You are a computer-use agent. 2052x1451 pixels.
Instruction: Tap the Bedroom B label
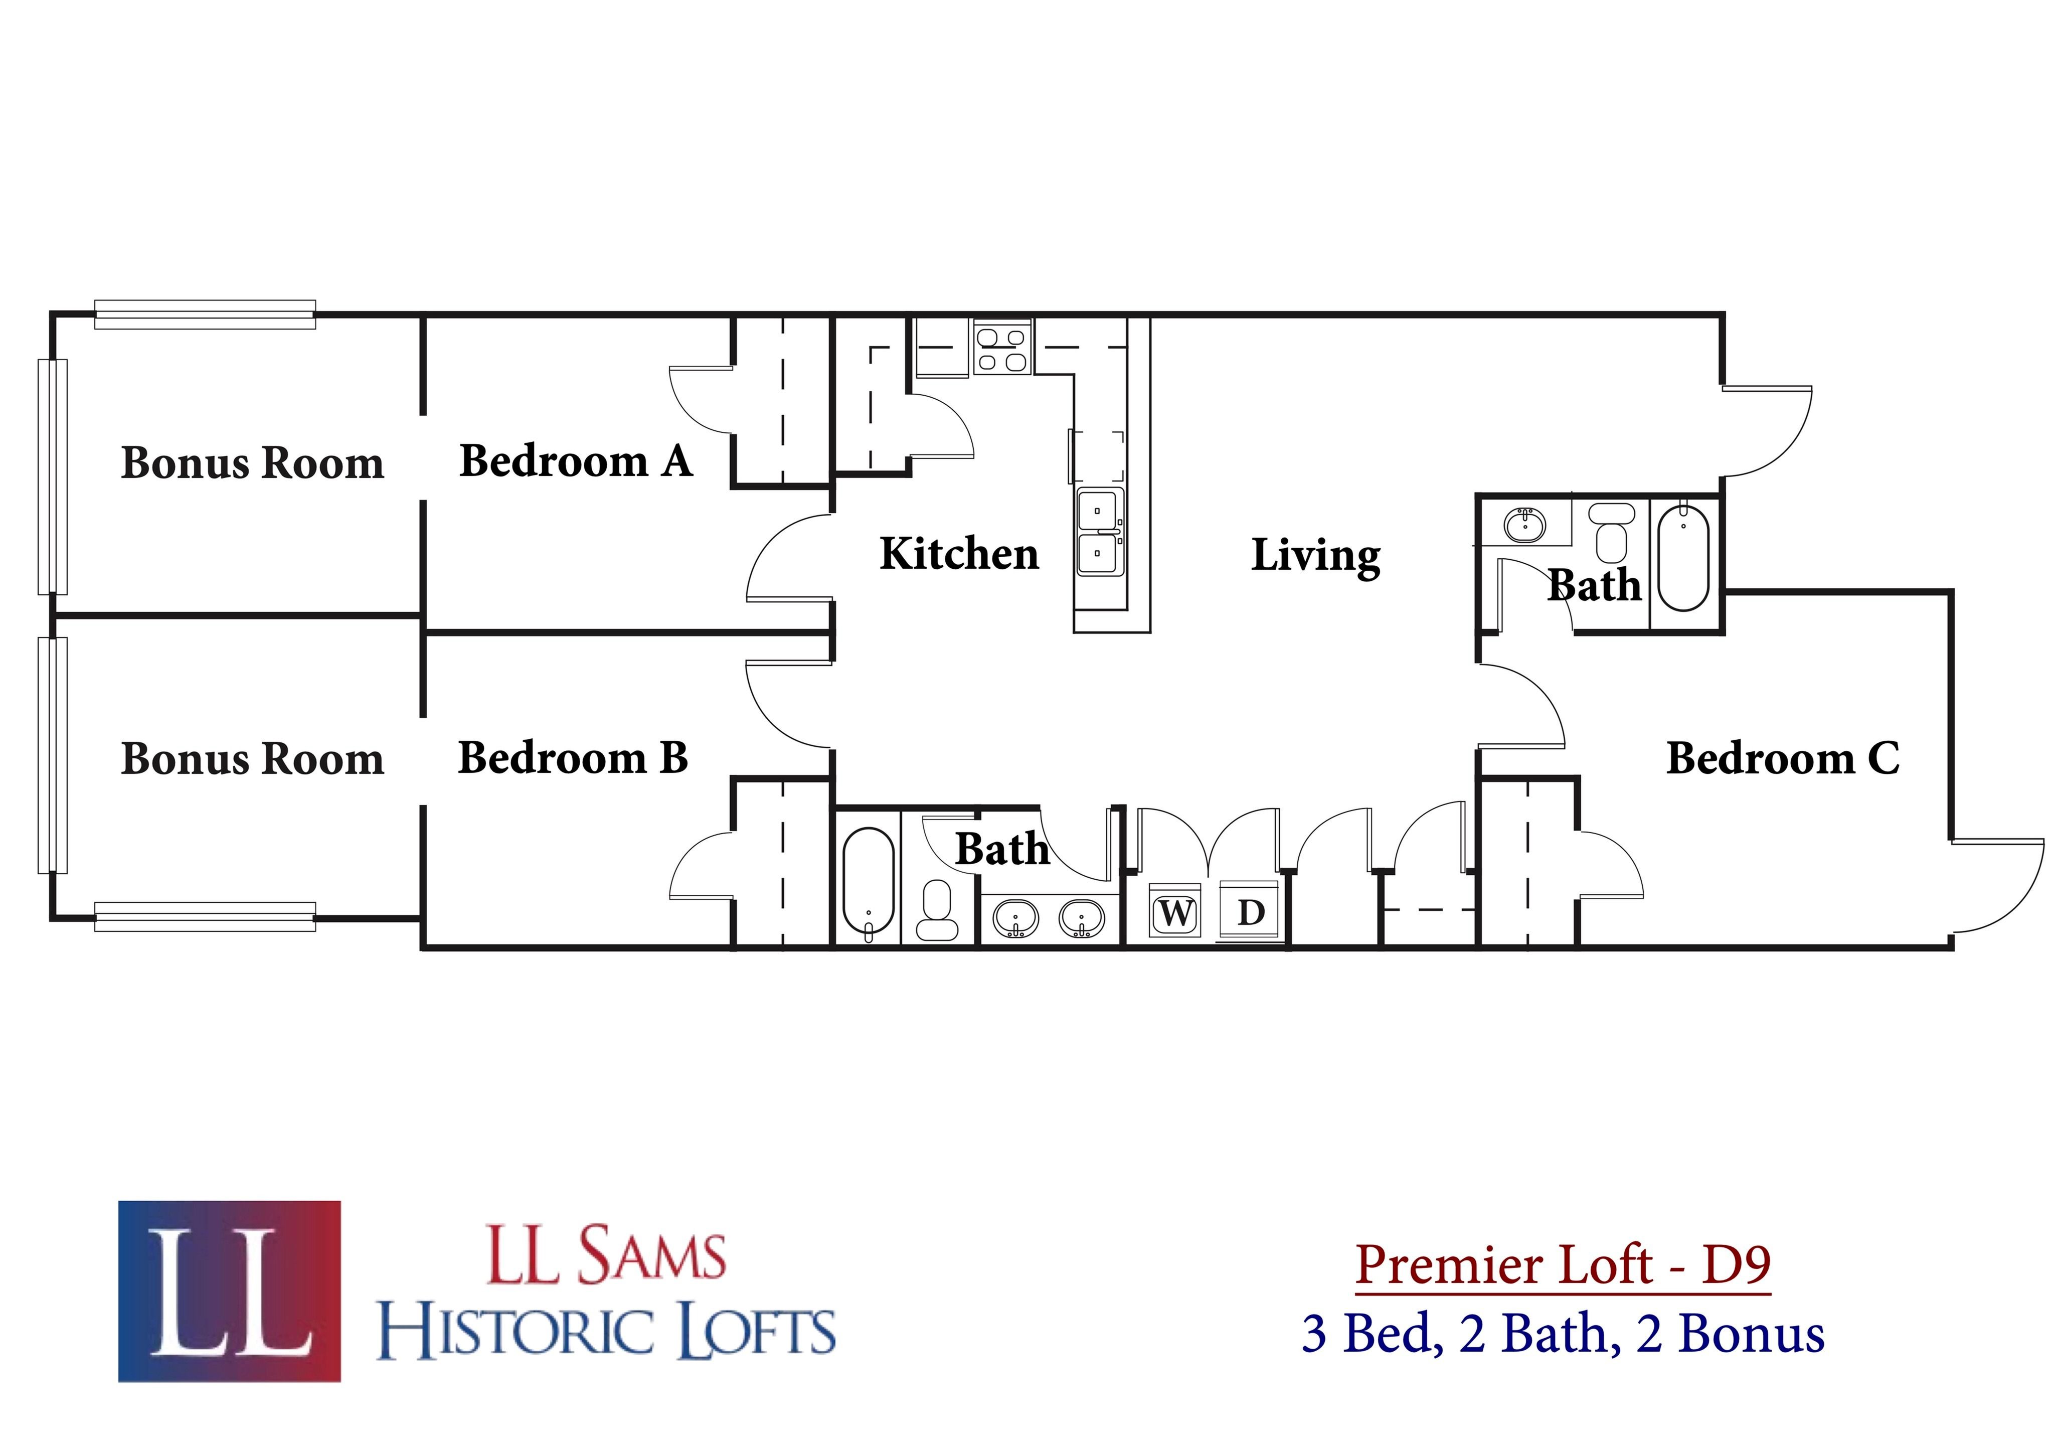(x=573, y=758)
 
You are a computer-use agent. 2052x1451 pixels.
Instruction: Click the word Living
(x=1315, y=556)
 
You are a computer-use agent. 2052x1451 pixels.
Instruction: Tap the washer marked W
(x=1174, y=913)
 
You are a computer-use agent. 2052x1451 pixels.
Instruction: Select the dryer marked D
(x=1250, y=913)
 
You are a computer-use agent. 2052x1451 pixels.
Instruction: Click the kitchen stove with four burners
(x=1002, y=349)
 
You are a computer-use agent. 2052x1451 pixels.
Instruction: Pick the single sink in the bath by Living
(x=1524, y=525)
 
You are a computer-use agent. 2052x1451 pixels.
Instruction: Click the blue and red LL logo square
(x=229, y=1291)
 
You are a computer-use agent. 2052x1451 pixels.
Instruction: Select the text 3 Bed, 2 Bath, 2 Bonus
(x=1562, y=1334)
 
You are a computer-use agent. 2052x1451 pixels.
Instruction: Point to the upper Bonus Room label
(x=252, y=463)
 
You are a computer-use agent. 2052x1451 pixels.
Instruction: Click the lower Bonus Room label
(x=252, y=759)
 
